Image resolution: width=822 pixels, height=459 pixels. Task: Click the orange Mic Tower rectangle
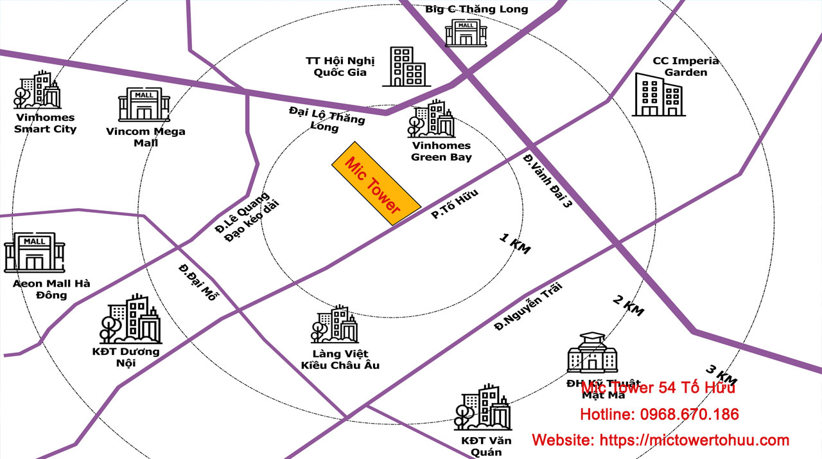click(376, 183)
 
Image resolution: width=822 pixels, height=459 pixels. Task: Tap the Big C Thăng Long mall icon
click(466, 32)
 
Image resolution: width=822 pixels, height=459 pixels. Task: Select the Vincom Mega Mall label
click(146, 137)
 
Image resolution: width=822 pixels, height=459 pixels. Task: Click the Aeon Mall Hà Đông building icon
click(35, 253)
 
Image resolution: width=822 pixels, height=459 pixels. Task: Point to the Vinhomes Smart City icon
click(37, 90)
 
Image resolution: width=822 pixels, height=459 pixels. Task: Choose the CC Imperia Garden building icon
click(659, 95)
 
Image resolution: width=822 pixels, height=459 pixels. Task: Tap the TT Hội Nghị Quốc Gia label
click(340, 66)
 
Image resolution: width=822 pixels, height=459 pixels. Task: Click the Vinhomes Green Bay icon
click(432, 119)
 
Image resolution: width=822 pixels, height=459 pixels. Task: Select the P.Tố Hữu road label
click(455, 204)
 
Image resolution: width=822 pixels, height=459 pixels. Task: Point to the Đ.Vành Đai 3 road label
click(547, 181)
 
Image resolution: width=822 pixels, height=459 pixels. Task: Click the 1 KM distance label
click(515, 244)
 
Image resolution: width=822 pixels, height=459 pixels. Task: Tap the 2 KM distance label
click(629, 306)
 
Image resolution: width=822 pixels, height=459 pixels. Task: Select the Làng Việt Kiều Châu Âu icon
click(335, 325)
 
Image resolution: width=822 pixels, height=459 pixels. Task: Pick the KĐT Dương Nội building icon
click(130, 319)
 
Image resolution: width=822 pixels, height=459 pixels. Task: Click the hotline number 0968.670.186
click(689, 415)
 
